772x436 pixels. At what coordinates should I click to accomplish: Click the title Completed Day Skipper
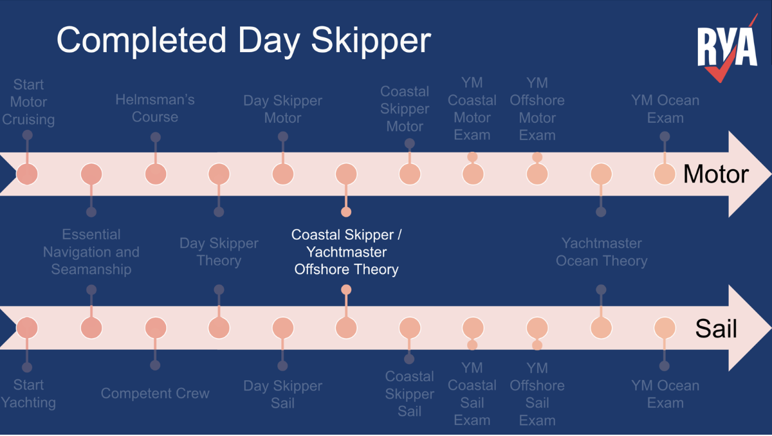pos(243,39)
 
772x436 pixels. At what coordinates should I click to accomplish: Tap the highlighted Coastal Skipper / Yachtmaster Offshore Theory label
pos(346,252)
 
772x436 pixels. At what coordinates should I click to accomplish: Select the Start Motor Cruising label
pos(28,102)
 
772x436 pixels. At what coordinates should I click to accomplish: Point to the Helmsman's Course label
pos(155,108)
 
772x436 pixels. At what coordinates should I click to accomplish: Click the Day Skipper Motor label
pos(282,109)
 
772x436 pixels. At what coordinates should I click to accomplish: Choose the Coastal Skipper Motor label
pos(405,109)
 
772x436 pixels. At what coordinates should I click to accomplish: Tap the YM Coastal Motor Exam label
pos(472,109)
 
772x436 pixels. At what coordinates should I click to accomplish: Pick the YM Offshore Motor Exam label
pos(537,109)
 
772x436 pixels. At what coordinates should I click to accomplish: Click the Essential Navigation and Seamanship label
pos(91,252)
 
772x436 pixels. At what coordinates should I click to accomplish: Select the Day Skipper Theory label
pos(219,252)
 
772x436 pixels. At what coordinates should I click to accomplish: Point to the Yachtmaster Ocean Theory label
pos(602,252)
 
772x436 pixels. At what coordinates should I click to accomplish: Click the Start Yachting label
pos(28,394)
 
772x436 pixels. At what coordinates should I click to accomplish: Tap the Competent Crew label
pos(155,394)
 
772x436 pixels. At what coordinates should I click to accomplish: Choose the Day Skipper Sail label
pos(282,394)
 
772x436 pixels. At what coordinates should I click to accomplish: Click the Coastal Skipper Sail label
pos(409,394)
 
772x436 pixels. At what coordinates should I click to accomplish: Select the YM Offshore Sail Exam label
pos(537,394)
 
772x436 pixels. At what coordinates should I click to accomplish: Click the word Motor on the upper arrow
pos(715,174)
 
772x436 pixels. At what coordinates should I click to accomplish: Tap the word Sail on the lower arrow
pos(715,329)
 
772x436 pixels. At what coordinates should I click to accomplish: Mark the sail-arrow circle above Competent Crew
pos(155,328)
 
